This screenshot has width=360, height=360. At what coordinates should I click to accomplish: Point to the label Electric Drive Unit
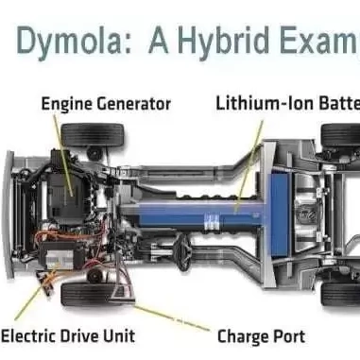[x=68, y=335]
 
